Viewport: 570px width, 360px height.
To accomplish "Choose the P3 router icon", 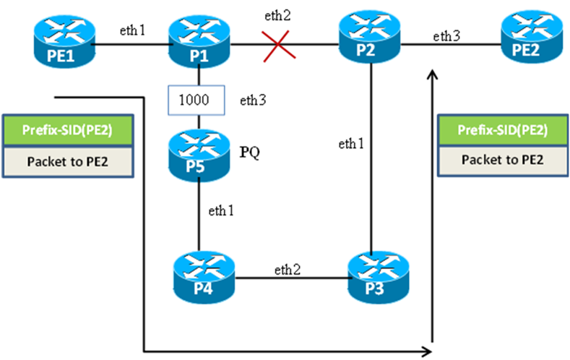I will click(x=371, y=277).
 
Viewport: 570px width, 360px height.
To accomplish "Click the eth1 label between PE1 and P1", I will click(x=133, y=30).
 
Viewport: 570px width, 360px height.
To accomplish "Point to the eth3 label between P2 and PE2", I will click(x=446, y=35).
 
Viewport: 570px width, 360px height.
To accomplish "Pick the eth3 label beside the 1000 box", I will click(x=254, y=100).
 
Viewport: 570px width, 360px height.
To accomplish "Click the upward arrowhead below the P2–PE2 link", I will click(x=433, y=75).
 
